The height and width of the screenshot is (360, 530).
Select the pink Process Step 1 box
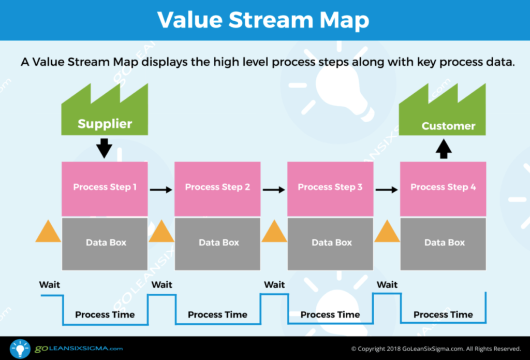[105, 188]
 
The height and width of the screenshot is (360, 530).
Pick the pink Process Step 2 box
[217, 188]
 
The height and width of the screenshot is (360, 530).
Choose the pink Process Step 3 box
[330, 188]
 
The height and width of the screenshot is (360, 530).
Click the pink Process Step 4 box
[443, 188]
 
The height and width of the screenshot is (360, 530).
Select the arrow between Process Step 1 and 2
[161, 190]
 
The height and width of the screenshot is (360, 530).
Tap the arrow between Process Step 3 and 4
[387, 190]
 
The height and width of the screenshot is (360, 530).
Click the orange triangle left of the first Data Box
[48, 232]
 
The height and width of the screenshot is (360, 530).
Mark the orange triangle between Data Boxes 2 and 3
[274, 232]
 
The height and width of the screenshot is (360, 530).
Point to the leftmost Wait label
[50, 284]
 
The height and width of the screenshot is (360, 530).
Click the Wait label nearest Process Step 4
[387, 284]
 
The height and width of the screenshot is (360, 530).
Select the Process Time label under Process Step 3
[330, 314]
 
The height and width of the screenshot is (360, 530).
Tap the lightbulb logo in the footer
[20, 348]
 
